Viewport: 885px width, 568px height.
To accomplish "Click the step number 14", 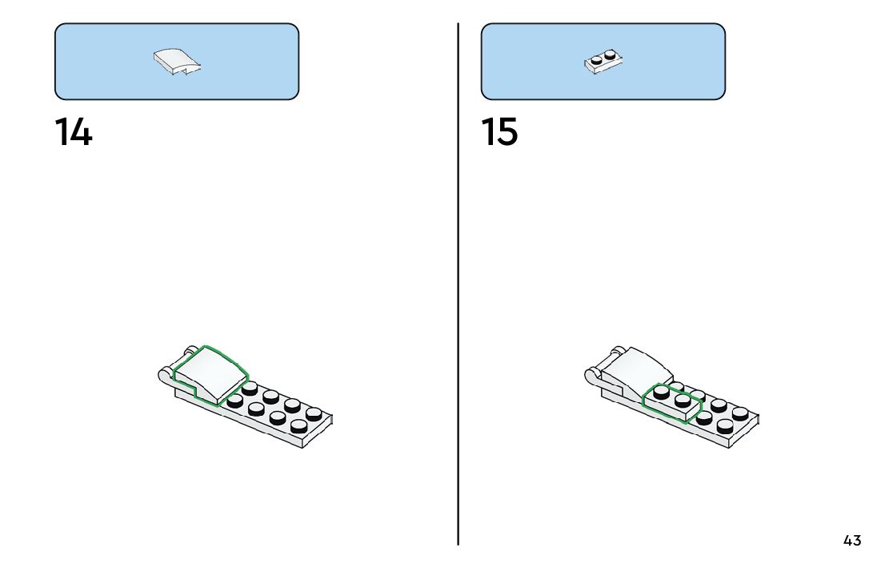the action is pyautogui.click(x=73, y=132).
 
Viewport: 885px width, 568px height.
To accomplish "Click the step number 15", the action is pyautogui.click(x=499, y=132).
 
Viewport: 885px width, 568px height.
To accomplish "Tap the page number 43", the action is pyautogui.click(x=852, y=541).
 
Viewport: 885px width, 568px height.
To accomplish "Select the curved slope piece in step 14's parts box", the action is pyautogui.click(x=177, y=61).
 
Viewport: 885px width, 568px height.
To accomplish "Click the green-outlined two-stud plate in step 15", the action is pyautogui.click(x=673, y=401).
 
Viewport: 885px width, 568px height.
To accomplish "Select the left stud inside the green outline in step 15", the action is pyautogui.click(x=662, y=393).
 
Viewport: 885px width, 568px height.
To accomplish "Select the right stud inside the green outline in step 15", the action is pyautogui.click(x=683, y=400).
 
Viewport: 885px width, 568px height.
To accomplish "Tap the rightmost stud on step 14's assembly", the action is pyautogui.click(x=314, y=413).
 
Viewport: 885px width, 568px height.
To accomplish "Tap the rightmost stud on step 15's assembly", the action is pyautogui.click(x=741, y=413).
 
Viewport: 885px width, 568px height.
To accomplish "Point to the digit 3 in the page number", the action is pyautogui.click(x=857, y=541).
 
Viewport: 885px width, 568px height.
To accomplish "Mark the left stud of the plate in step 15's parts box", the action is pyautogui.click(x=597, y=60).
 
